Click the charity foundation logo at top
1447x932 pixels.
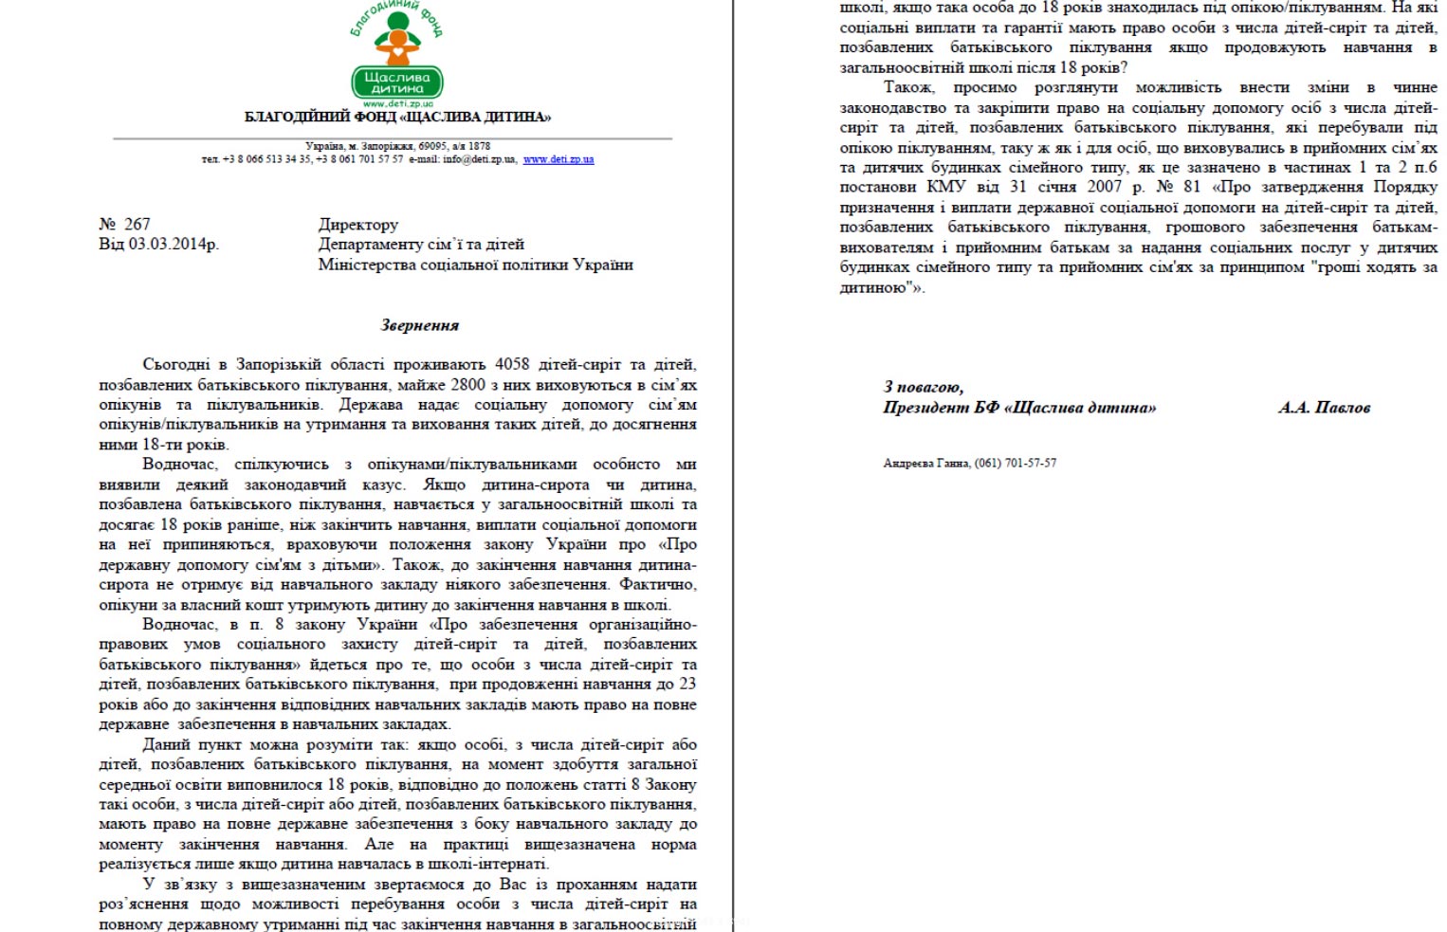(x=396, y=55)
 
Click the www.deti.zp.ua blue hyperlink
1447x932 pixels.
(x=558, y=159)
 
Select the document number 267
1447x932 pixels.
(x=137, y=225)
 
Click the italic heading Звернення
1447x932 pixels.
(x=419, y=325)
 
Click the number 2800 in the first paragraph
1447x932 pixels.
(x=467, y=385)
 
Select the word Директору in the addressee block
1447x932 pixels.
(x=357, y=225)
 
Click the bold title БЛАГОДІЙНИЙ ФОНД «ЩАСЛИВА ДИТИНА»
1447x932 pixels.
(x=397, y=118)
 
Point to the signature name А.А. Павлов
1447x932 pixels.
(x=1324, y=408)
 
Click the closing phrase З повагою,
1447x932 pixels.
(x=923, y=387)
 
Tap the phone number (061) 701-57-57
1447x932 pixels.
(x=1016, y=464)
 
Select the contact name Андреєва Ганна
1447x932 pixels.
(x=925, y=464)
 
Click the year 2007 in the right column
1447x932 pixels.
(x=1104, y=187)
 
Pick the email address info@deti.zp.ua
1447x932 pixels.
(x=480, y=159)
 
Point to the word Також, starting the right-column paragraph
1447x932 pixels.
(x=908, y=87)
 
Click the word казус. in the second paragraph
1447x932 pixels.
(x=383, y=484)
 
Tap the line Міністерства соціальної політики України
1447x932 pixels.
(x=475, y=265)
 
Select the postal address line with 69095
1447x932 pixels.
(x=397, y=146)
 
